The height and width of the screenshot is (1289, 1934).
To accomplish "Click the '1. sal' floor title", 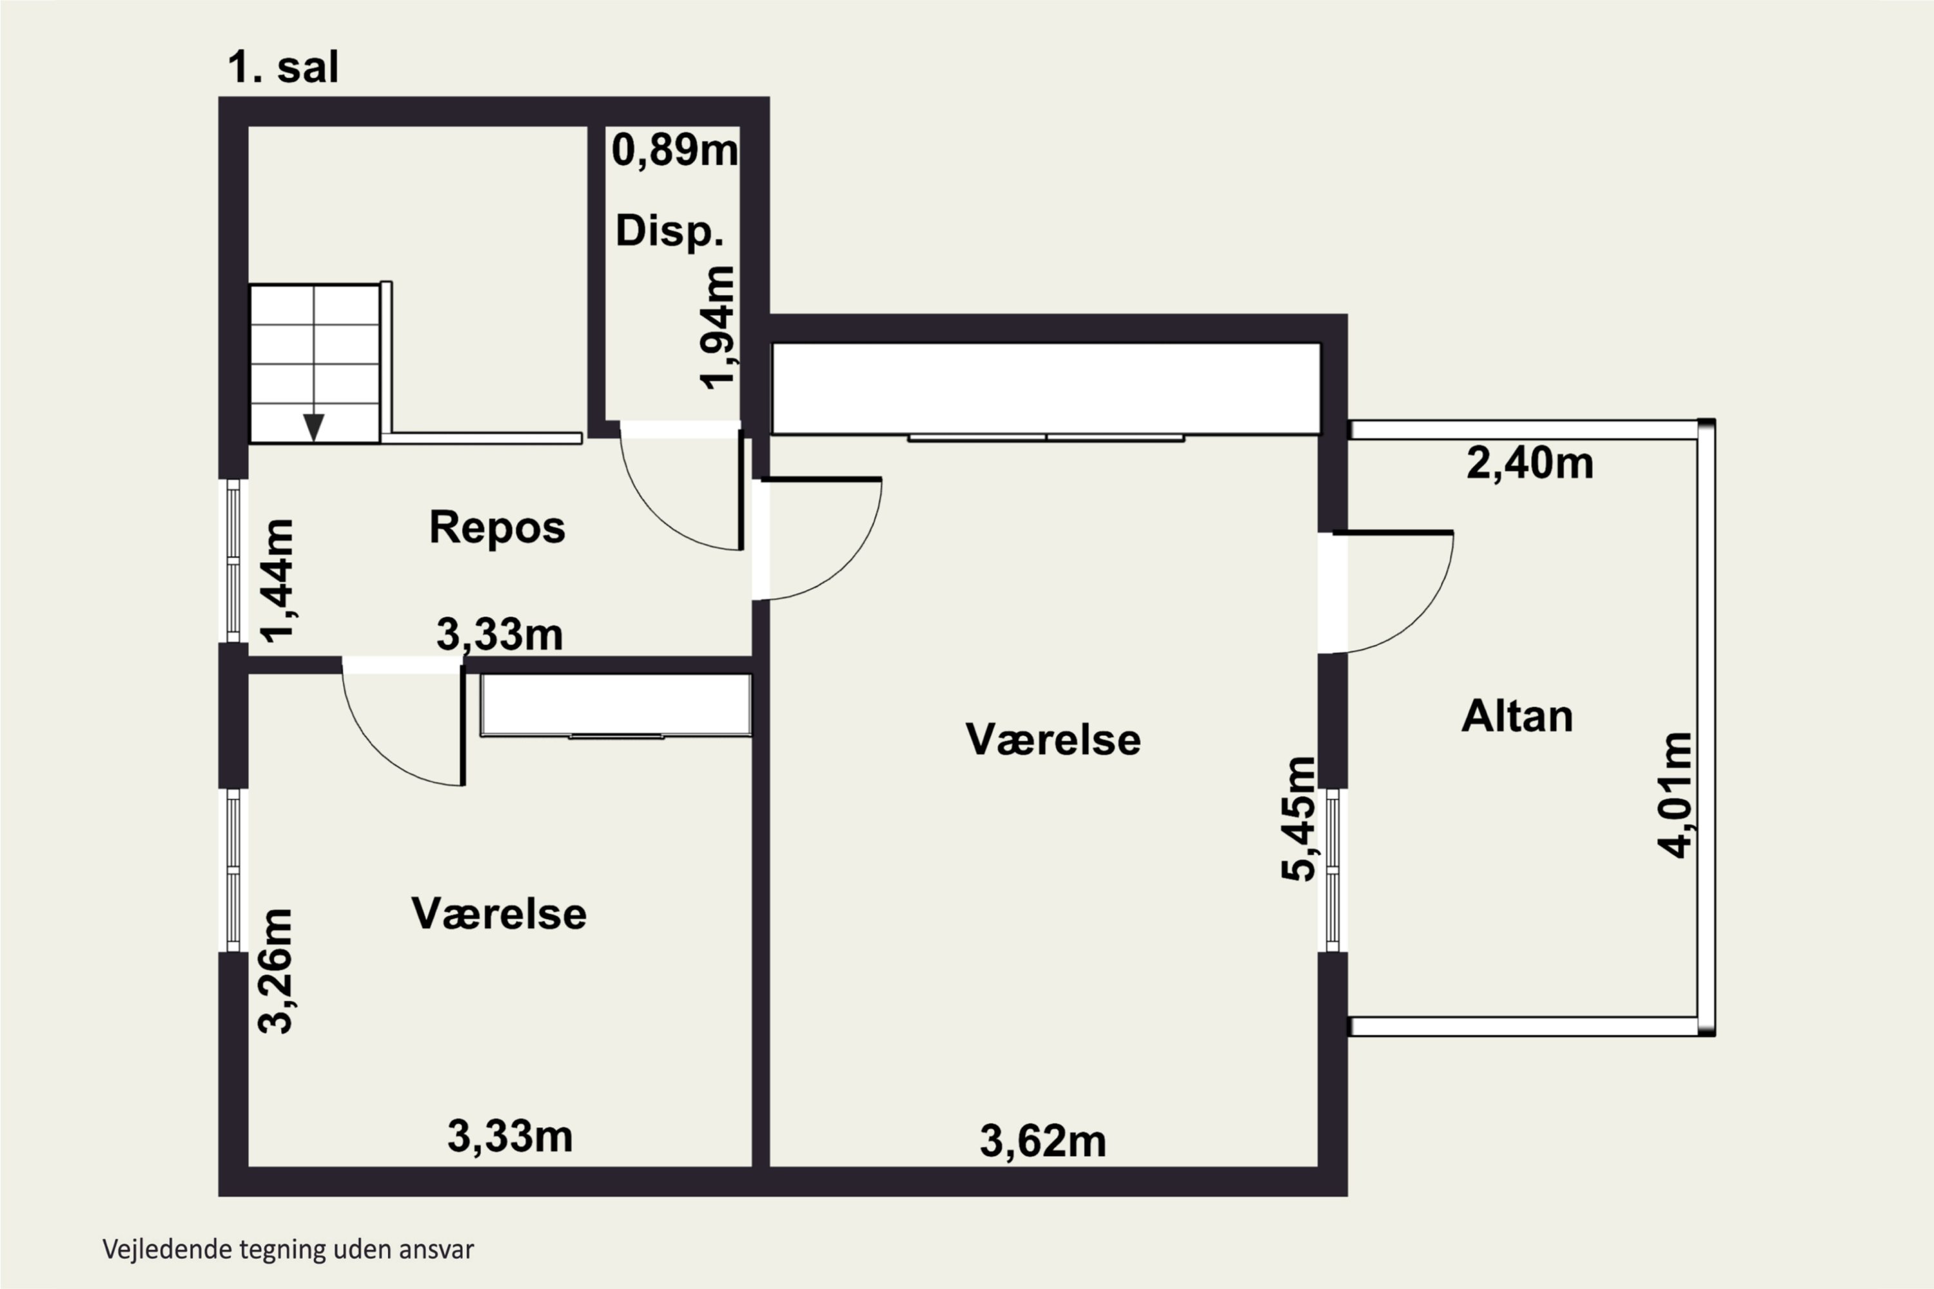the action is coord(282,68).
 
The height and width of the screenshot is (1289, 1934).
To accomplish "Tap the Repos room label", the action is coord(498,527).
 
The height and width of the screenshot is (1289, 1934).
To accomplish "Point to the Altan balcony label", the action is coord(1517,716).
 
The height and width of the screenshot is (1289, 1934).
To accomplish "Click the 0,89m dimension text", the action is coord(675,150).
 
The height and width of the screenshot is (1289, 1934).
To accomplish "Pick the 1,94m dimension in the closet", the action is coord(716,327).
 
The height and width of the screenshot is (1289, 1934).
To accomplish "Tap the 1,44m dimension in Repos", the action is coord(277,581).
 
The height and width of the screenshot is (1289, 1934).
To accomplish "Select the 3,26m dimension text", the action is coord(275,971).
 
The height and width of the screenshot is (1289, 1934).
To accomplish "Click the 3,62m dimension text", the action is coord(1042,1142).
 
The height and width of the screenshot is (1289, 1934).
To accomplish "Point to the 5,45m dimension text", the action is coord(1298,819).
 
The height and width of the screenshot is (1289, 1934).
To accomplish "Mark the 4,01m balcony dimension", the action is coord(1674,795).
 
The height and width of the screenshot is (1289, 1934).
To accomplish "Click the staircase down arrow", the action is coord(313,426).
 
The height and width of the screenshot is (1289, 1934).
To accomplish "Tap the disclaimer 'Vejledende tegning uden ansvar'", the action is coord(288,1250).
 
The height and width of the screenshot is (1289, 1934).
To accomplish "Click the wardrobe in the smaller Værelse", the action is coord(616,705).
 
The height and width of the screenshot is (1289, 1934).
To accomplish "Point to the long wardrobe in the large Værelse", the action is coord(1046,389).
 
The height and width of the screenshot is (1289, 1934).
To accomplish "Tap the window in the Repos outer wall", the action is coord(233,561).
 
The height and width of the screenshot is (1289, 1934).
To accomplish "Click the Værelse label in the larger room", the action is coord(1053,740).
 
